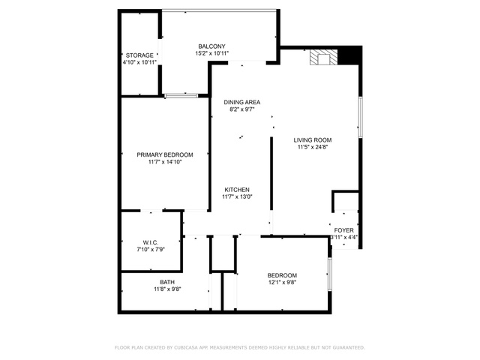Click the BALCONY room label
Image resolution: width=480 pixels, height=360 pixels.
211,46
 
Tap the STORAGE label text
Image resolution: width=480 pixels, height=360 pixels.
139,55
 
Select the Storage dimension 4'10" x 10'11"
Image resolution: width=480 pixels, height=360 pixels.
139,62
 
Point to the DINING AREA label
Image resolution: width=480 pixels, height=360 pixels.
241,102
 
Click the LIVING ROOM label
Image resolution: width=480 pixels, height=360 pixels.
313,140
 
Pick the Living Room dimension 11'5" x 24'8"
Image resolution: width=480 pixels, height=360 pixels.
313,147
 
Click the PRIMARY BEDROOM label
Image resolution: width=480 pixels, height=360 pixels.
165,155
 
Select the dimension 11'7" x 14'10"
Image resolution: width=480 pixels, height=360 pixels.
165,162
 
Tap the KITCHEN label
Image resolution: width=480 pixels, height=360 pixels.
237,190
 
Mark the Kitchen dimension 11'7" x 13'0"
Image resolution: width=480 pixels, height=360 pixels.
237,196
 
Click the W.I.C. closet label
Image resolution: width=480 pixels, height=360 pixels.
151,242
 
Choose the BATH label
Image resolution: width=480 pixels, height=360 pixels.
167,282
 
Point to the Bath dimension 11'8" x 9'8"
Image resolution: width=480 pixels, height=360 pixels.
167,289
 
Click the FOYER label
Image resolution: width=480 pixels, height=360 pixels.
343,230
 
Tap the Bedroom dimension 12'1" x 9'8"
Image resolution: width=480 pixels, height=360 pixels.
282,282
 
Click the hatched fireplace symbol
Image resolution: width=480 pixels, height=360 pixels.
323,57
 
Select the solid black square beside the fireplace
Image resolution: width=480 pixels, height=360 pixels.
348,56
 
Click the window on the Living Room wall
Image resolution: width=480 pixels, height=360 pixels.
361,117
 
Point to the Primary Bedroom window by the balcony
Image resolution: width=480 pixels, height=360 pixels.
181,96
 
